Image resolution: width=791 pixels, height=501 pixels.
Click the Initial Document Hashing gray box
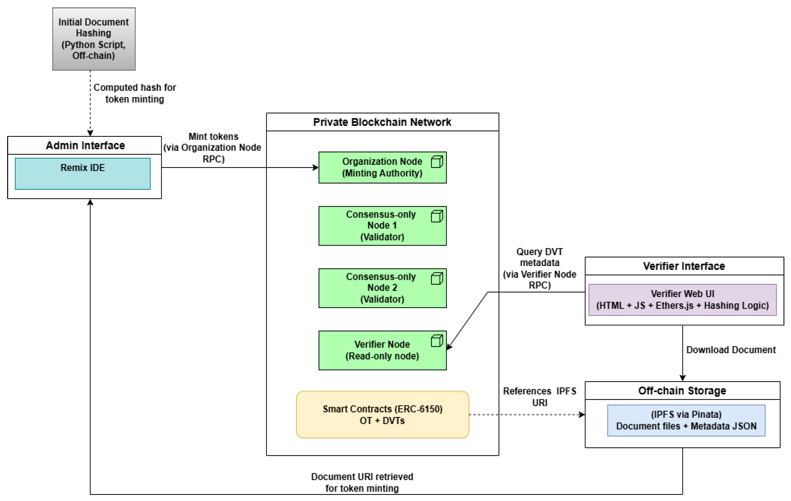pos(94,39)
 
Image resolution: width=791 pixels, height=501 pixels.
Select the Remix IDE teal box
pos(82,174)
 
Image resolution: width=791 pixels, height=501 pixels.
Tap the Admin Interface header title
pos(85,145)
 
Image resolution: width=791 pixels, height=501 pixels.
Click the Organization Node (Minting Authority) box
pos(382,167)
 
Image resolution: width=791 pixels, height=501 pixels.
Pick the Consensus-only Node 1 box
pos(382,226)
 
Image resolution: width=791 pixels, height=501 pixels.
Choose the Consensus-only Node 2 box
pos(382,288)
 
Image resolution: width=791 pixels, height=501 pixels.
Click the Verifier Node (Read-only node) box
pos(382,350)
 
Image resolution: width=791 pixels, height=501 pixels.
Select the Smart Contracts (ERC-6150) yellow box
pos(382,415)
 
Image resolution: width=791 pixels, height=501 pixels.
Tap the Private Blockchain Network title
pos(382,122)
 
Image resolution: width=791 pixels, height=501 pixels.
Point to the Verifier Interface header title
pos(684,266)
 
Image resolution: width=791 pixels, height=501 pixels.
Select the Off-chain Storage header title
pos(682,391)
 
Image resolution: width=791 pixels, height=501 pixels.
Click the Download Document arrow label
pos(731,350)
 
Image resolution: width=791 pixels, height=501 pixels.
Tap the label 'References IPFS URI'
pos(540,397)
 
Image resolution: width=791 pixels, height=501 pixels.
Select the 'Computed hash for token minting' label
pos(135,93)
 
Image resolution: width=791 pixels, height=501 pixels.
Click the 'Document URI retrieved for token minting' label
pos(362,482)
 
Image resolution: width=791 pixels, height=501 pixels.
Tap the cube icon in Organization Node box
pos(436,162)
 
